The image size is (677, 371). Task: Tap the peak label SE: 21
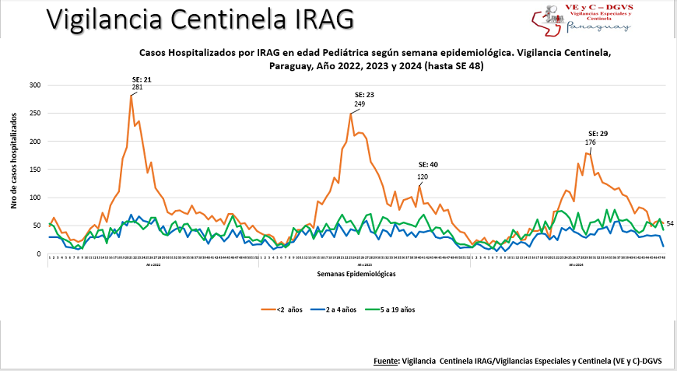tap(141, 79)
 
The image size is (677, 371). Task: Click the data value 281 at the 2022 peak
tap(137, 87)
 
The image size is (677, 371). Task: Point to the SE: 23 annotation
tap(360, 95)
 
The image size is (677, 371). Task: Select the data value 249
tap(360, 103)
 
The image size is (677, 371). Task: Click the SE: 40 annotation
tap(428, 165)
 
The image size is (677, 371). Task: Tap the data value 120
tap(423, 177)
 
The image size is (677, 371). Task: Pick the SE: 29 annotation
tap(598, 134)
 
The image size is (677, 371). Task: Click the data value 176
tap(591, 142)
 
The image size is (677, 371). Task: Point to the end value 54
tap(670, 224)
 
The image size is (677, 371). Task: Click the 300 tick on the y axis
tap(33, 85)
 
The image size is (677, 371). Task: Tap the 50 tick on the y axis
tap(36, 226)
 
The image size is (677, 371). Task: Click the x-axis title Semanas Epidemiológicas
tap(357, 275)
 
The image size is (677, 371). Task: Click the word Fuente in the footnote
tap(386, 361)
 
